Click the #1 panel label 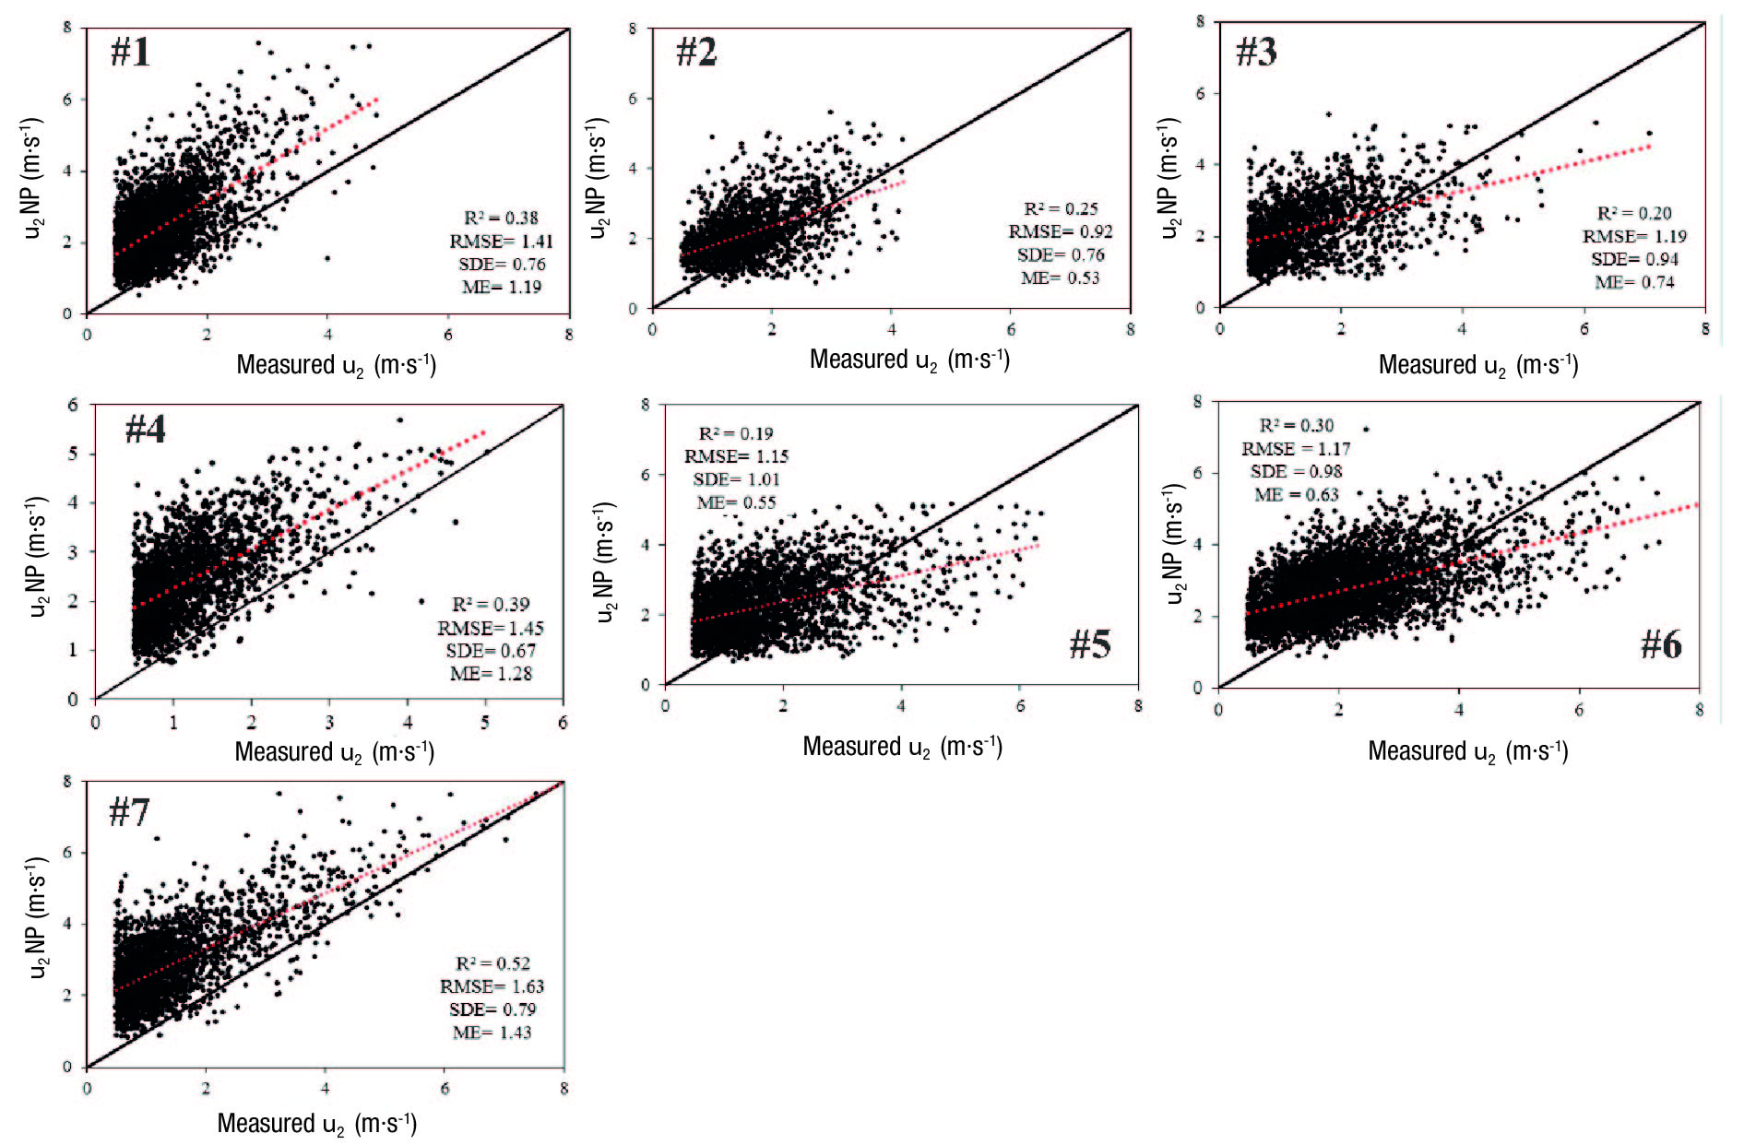click(130, 52)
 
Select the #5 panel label click(1090, 643)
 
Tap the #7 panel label click(129, 812)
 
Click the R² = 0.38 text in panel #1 click(501, 218)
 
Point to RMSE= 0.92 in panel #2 click(1060, 231)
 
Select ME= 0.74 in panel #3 click(1634, 282)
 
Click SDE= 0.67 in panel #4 click(491, 651)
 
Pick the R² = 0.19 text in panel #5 click(735, 433)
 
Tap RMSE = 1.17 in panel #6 click(1295, 449)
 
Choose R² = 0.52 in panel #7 click(492, 963)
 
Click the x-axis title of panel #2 click(909, 360)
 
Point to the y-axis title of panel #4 click(37, 556)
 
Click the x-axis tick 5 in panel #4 click(485, 722)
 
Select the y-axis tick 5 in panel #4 click(73, 454)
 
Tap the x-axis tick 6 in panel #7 click(445, 1088)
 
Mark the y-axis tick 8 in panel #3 click(1200, 21)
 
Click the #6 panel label click(1661, 644)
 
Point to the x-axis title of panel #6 click(1467, 751)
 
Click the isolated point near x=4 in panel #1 click(327, 258)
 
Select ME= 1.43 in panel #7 click(492, 1033)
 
